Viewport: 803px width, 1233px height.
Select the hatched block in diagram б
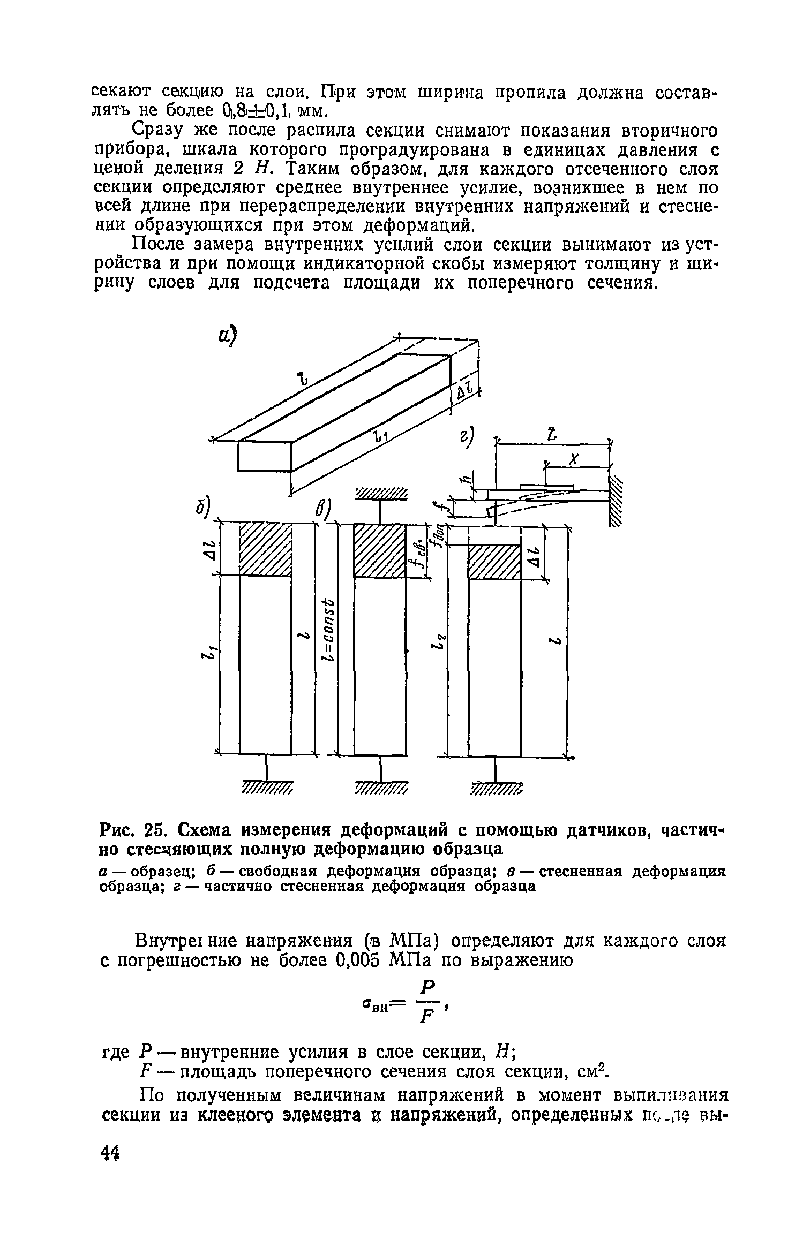coord(265,550)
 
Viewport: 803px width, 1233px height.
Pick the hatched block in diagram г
coord(494,562)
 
